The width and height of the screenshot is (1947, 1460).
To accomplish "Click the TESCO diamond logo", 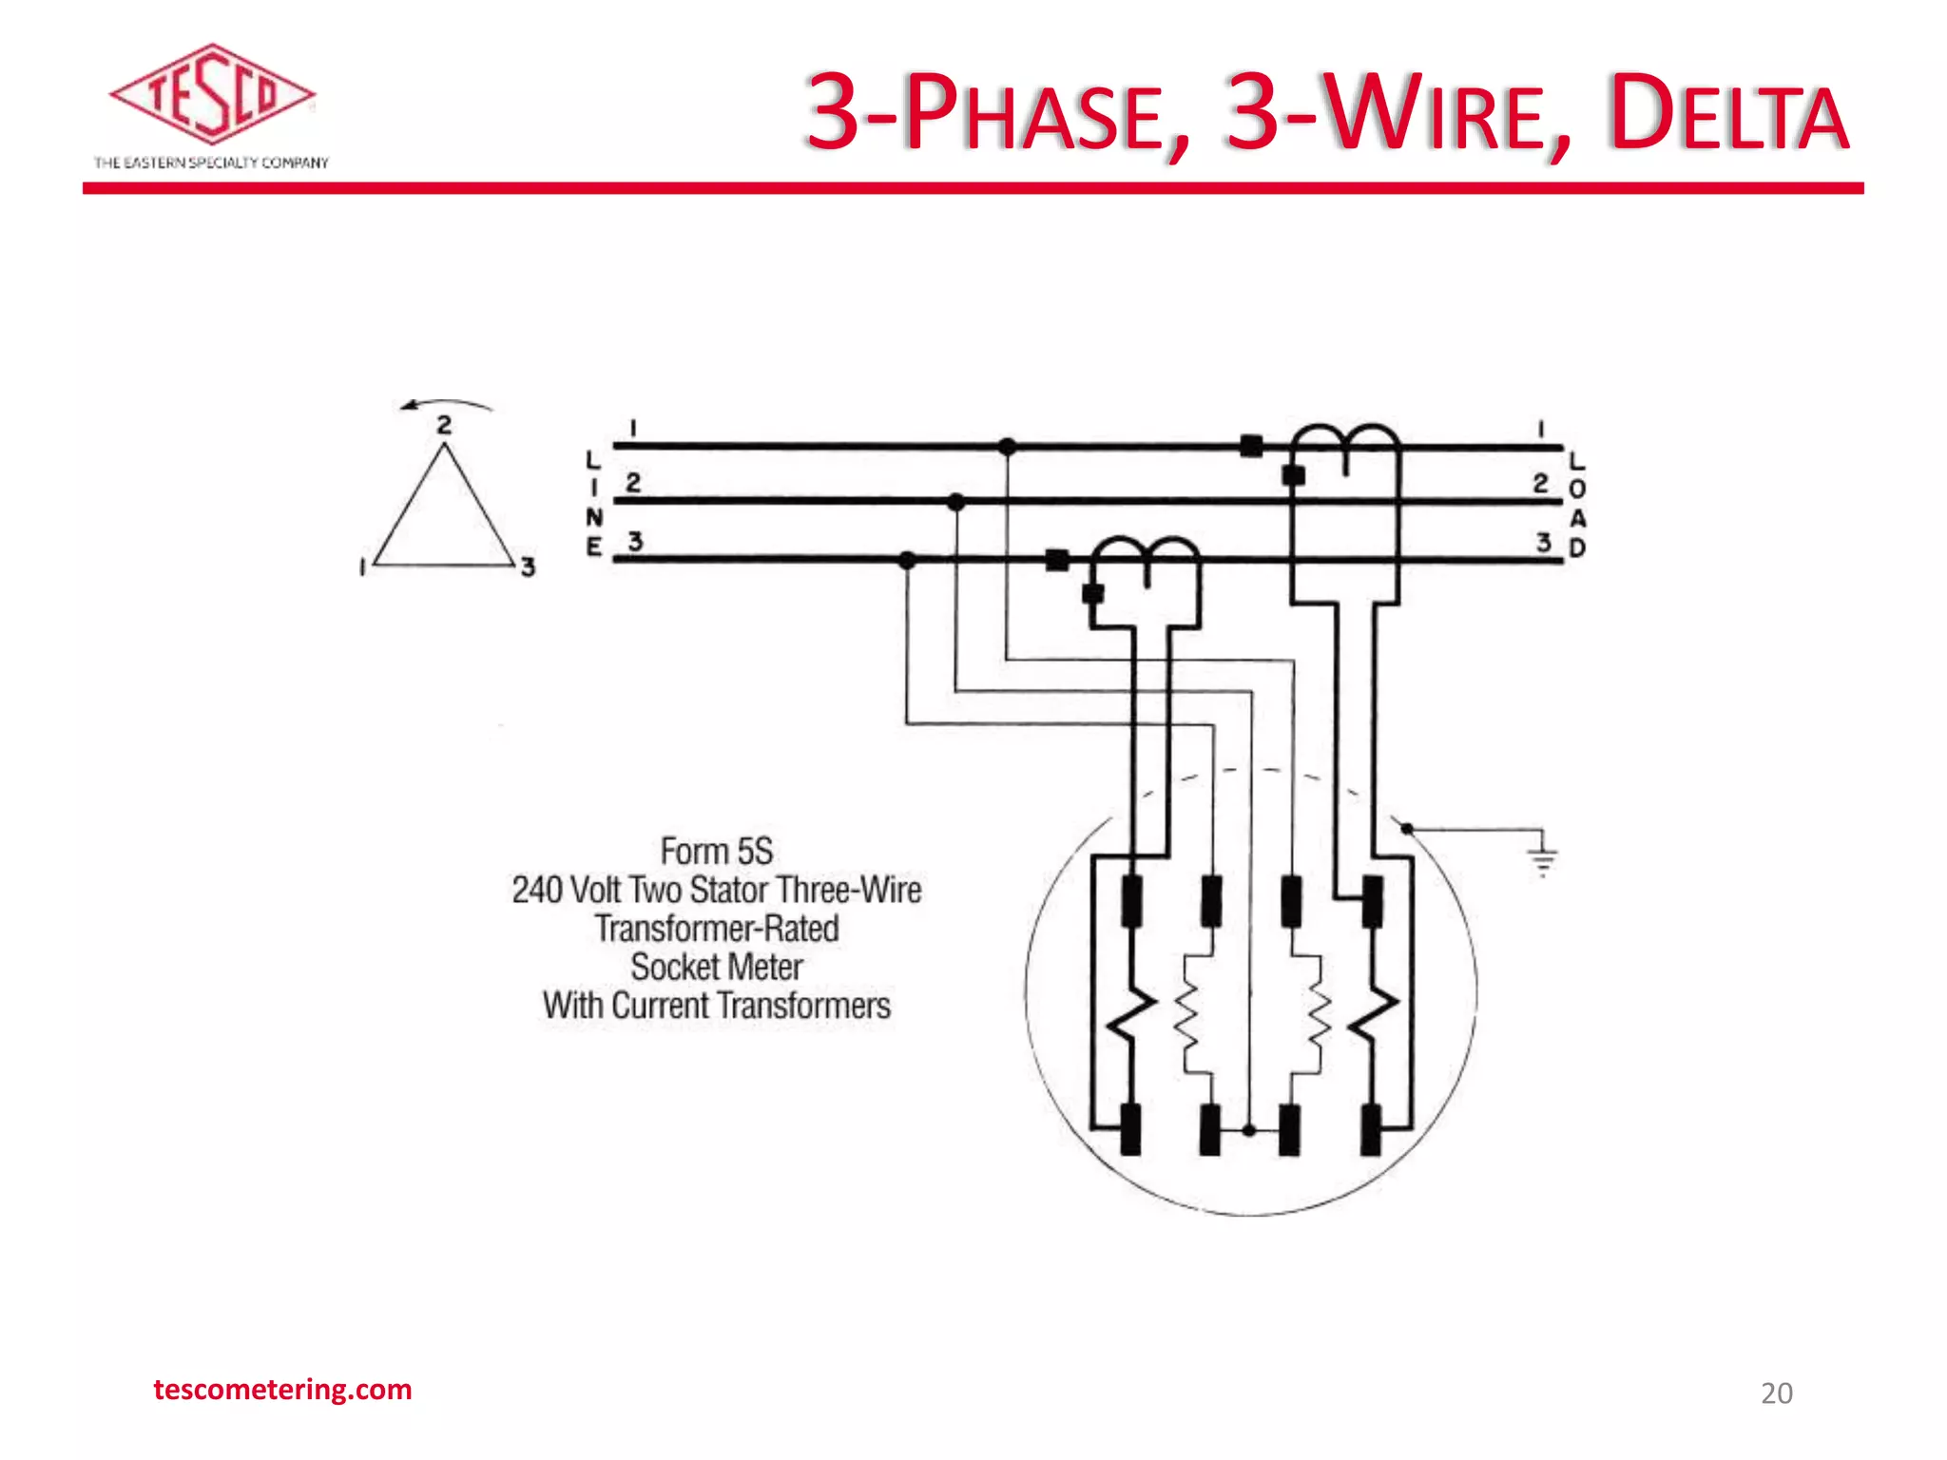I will (x=211, y=95).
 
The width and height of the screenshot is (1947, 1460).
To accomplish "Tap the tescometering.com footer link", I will (x=282, y=1390).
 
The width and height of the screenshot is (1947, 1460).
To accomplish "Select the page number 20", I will (x=1776, y=1393).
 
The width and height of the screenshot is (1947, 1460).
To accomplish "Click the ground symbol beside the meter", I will (x=1542, y=855).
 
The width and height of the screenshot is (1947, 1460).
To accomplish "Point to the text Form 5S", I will (x=717, y=851).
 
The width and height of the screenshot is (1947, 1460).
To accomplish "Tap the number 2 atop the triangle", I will (x=444, y=425).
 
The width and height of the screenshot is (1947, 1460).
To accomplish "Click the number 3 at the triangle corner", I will (x=529, y=567).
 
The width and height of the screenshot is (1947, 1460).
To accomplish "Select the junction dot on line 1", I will (x=1008, y=446).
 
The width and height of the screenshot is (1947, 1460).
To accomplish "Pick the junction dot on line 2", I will (x=956, y=502).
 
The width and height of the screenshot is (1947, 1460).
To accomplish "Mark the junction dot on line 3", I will (x=907, y=560).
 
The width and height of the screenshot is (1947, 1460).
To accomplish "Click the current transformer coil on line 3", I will (x=1145, y=557).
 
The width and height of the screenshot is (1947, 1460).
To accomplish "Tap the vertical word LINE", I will (x=593, y=504).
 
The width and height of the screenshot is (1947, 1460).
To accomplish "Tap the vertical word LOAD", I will (x=1577, y=505).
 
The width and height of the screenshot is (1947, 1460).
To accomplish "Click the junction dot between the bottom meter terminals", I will (x=1249, y=1130).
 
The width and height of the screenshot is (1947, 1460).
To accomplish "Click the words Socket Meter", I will (x=717, y=968).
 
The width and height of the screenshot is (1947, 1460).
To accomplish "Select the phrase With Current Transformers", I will (x=717, y=1006).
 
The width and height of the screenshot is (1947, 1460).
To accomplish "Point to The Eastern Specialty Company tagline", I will (x=211, y=163).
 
